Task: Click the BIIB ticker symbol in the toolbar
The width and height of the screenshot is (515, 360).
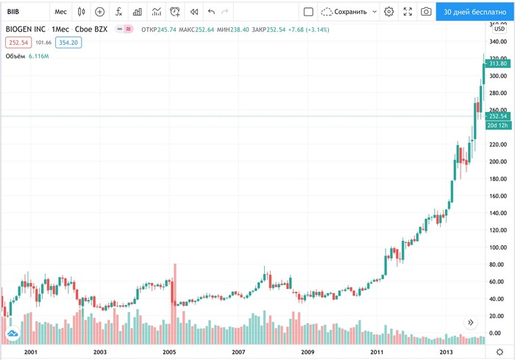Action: tap(14, 12)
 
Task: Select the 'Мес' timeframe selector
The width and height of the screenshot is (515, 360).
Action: tap(61, 12)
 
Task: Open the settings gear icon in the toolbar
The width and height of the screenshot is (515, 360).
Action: tap(388, 12)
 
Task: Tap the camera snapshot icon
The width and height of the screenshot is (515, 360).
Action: tap(425, 12)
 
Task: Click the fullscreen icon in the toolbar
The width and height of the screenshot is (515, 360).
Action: tap(407, 12)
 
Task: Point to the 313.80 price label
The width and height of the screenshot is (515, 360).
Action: tap(498, 64)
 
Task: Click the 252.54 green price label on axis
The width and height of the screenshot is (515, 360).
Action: tap(498, 116)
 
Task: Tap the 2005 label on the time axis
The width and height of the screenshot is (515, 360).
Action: tap(170, 353)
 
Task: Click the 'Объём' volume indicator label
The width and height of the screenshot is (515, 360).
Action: tap(15, 57)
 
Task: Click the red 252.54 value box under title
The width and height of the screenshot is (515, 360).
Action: tap(18, 43)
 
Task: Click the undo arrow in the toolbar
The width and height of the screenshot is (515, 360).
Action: tap(212, 12)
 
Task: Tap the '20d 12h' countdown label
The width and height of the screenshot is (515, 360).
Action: tap(498, 125)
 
